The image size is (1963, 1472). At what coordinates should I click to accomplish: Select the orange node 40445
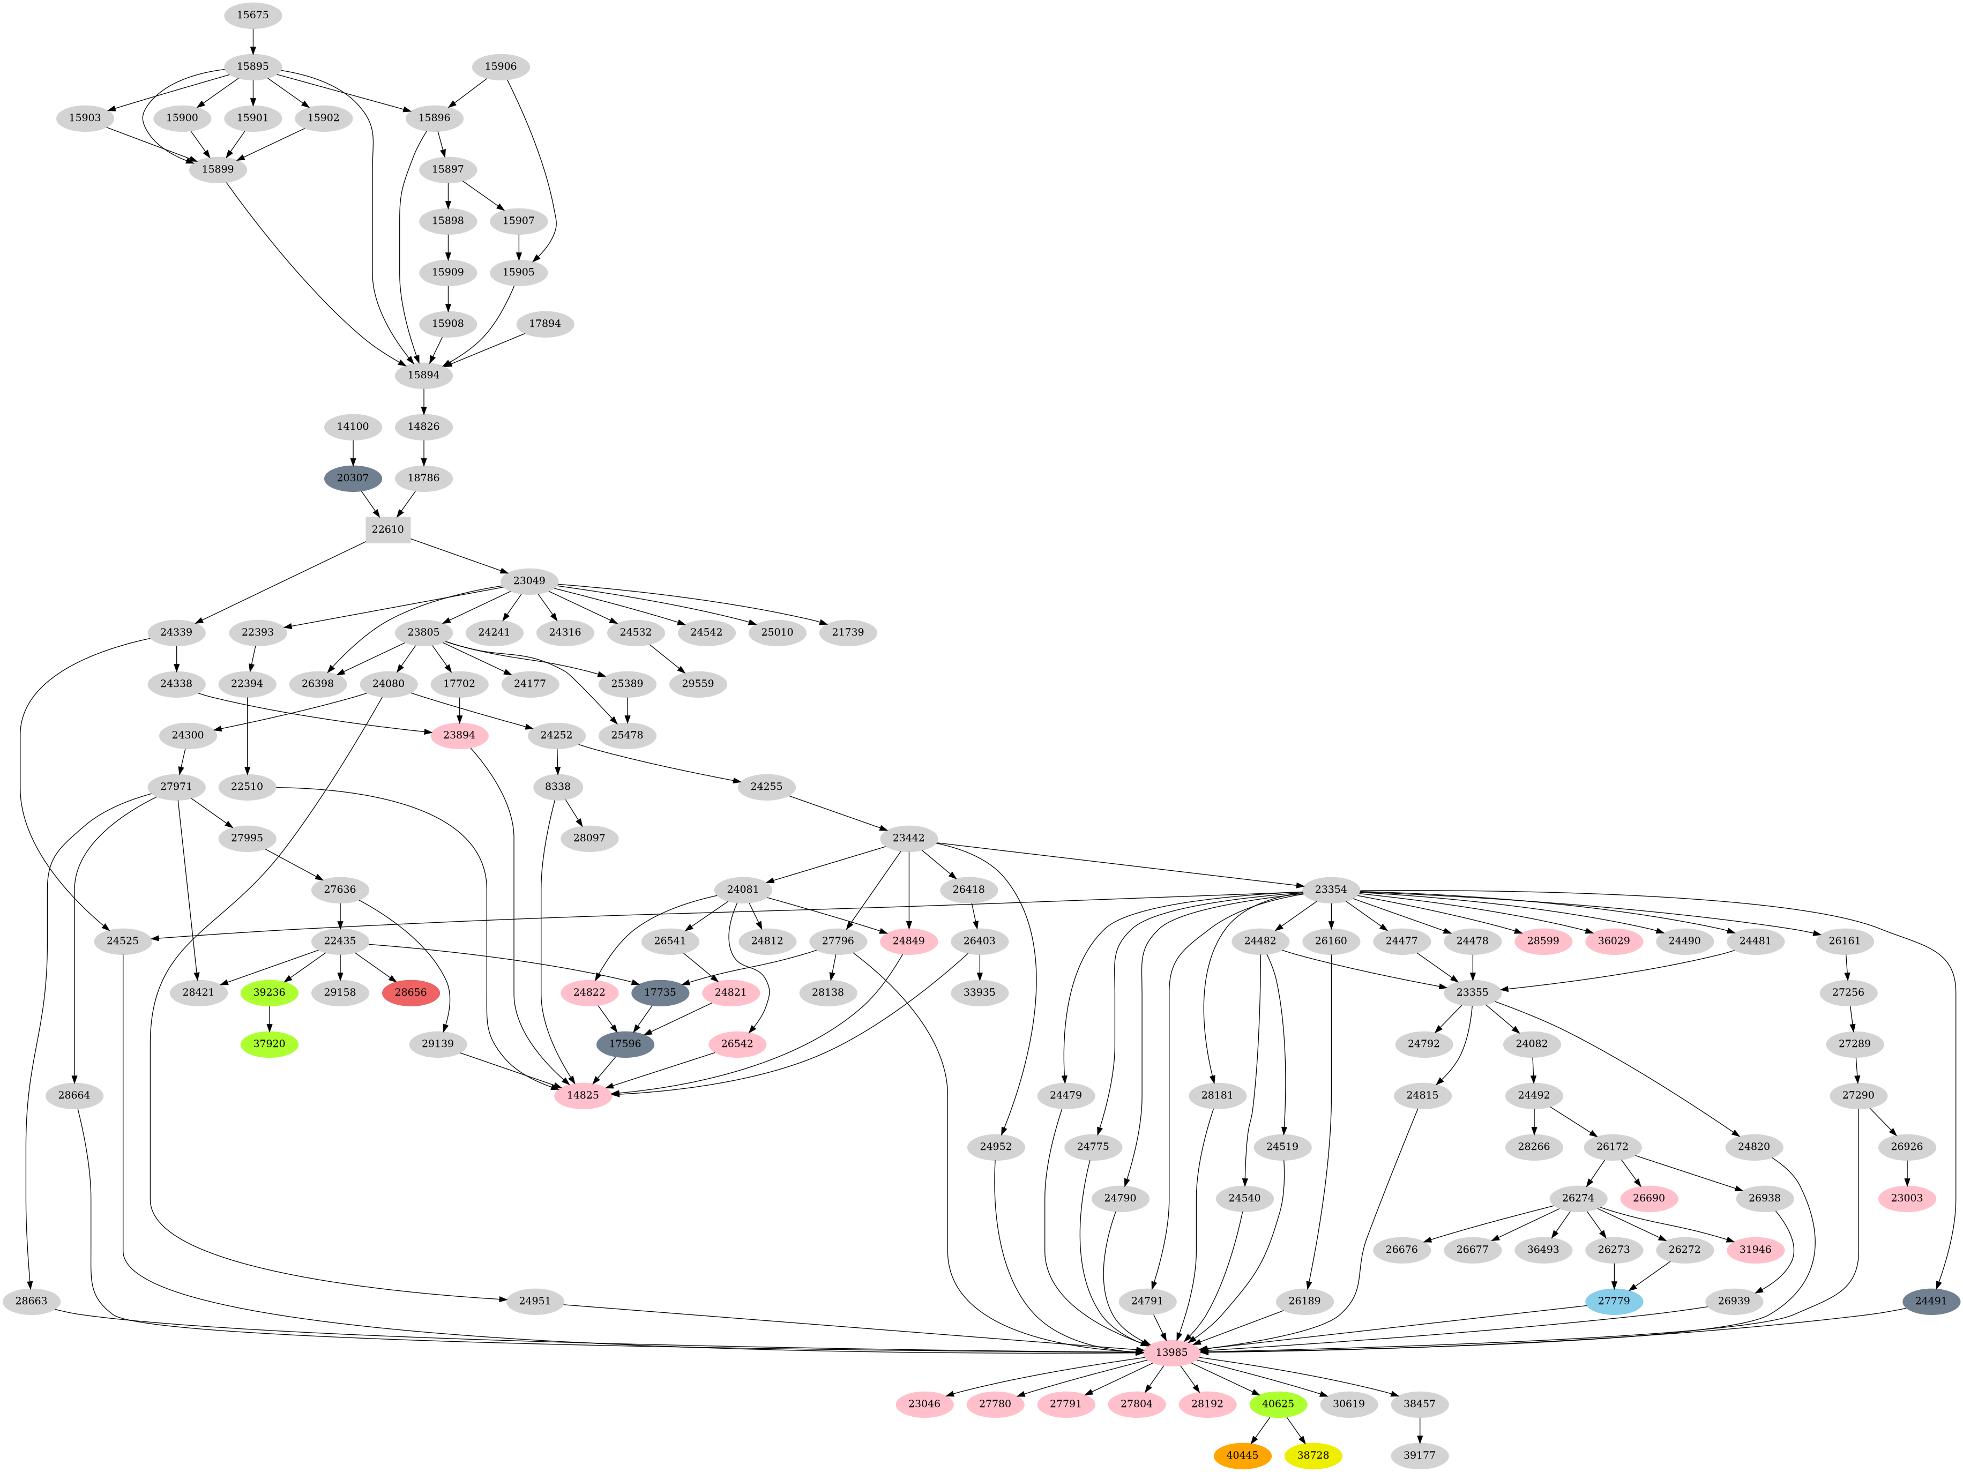point(1242,1455)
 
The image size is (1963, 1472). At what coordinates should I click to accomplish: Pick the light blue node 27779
point(1614,1301)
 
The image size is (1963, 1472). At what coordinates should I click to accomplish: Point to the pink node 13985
point(1171,1352)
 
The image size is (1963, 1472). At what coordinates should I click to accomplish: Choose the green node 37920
point(269,1043)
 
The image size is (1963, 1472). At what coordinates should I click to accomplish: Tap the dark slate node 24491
point(1930,1301)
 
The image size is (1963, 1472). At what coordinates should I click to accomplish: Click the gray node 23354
point(1330,889)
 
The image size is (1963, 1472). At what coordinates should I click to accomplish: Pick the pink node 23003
point(1906,1198)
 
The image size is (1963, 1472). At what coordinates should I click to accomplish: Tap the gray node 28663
point(31,1301)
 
